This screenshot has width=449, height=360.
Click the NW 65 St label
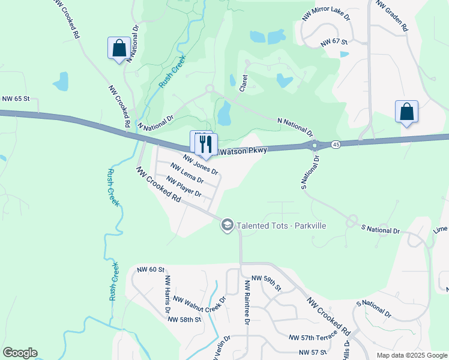(x=16, y=98)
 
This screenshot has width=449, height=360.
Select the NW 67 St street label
(x=334, y=42)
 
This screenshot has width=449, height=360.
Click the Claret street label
(x=244, y=83)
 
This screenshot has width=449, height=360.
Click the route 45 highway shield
(x=336, y=145)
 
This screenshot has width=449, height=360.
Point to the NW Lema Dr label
(x=187, y=173)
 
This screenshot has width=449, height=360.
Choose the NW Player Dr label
(x=184, y=186)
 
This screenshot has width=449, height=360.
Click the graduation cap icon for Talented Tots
(x=228, y=225)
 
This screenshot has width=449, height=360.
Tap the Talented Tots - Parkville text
(x=282, y=226)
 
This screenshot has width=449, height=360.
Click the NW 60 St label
(x=151, y=270)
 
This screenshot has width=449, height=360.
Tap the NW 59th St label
(x=266, y=283)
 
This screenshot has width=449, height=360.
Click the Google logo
(x=20, y=352)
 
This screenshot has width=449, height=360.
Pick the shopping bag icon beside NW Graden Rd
(x=406, y=112)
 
